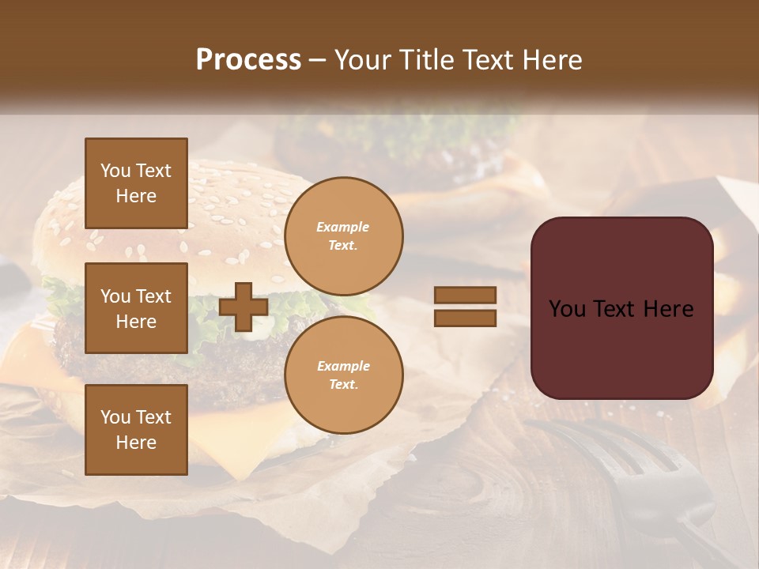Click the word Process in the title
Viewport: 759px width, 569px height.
tap(248, 60)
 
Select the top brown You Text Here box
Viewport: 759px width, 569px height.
tap(136, 183)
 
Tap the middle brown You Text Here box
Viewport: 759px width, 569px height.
tap(136, 308)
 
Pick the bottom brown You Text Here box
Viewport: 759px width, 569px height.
tap(136, 430)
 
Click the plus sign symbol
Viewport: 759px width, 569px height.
tap(244, 307)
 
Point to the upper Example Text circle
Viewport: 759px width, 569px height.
tap(343, 236)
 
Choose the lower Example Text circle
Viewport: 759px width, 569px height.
tap(343, 375)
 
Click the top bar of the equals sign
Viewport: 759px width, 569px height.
tap(465, 295)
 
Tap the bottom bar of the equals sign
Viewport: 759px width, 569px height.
tap(465, 318)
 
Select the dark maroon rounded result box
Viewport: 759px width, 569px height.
tap(621, 308)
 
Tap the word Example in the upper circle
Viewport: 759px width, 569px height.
tap(343, 227)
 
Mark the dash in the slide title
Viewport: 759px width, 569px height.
tap(317, 60)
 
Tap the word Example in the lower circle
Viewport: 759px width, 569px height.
tap(343, 366)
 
